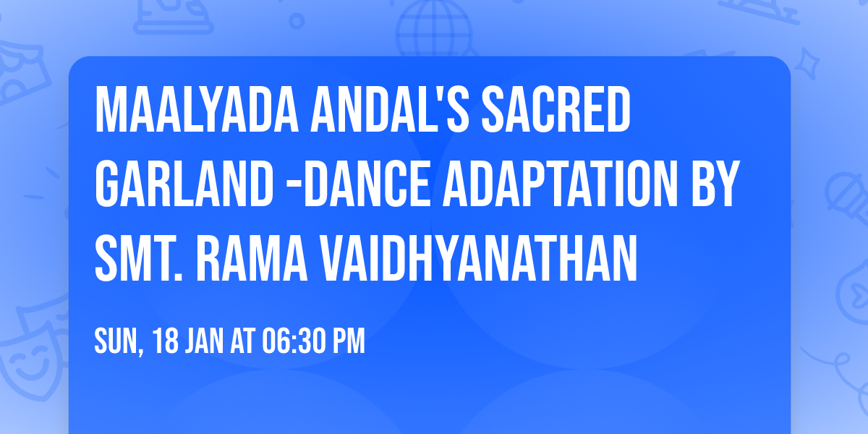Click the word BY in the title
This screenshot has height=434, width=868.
[714, 187]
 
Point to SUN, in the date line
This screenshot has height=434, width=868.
[119, 341]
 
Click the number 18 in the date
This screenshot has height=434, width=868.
[166, 341]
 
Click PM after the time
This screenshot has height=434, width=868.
[348, 341]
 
